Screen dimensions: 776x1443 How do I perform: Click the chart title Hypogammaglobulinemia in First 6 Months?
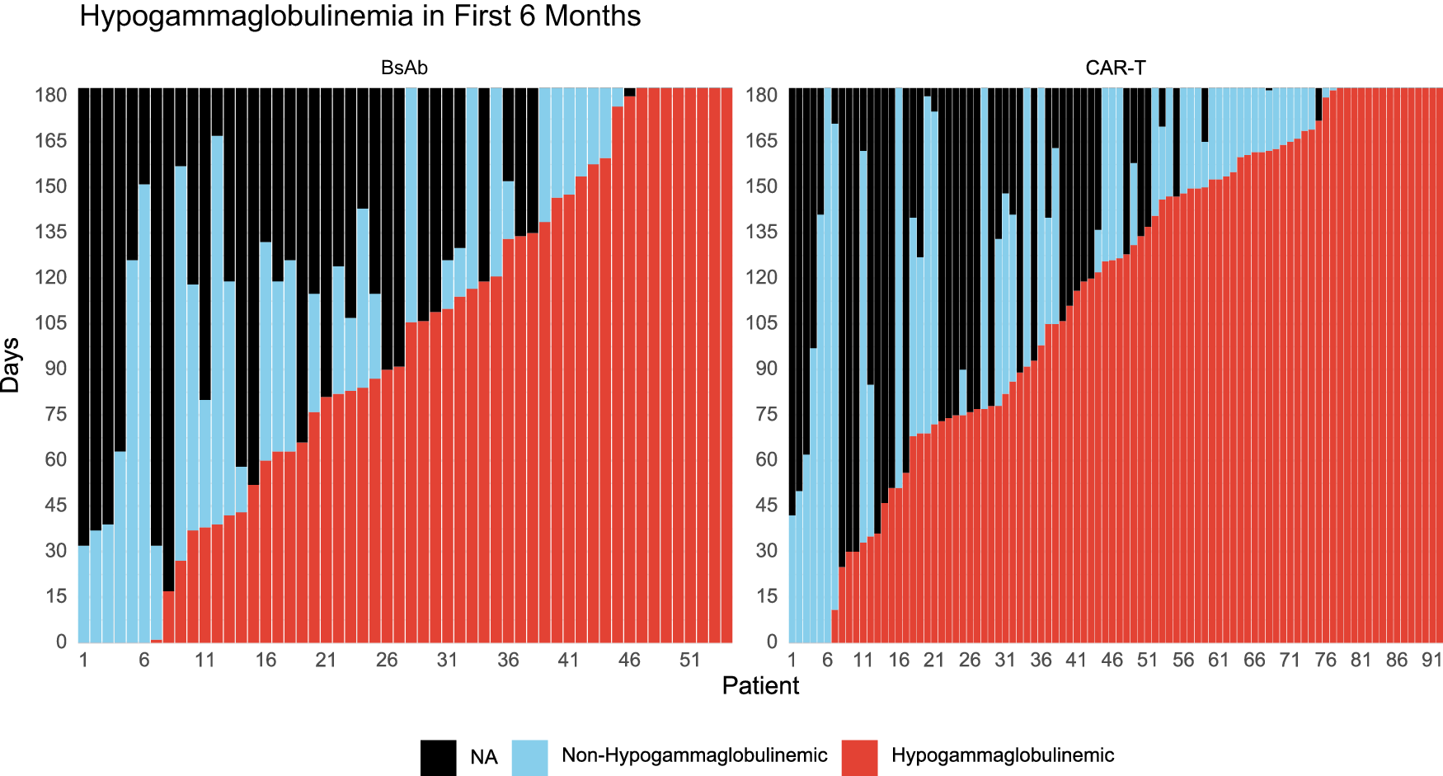coord(360,16)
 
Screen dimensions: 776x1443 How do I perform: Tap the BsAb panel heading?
coord(404,68)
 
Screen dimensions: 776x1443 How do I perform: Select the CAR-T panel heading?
coord(1115,68)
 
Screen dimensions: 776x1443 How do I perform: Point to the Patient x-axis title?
coord(759,686)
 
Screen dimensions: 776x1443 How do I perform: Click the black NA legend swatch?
coord(438,757)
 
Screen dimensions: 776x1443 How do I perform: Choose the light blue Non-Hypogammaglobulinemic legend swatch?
coord(529,757)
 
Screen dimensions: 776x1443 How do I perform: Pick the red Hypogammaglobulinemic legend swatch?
coord(859,757)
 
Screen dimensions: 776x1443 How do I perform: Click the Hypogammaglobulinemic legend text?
coord(1002,755)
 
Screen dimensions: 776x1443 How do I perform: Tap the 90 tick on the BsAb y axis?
coord(55,369)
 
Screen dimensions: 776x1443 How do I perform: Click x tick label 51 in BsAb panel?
coord(689,660)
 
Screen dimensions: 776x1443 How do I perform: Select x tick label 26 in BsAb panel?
coord(387,660)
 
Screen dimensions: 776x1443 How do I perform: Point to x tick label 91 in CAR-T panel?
coord(1432,660)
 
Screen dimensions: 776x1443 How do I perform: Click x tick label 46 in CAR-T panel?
coord(1112,660)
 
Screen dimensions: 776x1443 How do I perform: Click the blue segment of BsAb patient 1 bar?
coord(83,594)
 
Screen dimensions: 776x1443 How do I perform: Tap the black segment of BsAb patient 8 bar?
coord(168,330)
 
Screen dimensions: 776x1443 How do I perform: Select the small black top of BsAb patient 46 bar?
coord(629,92)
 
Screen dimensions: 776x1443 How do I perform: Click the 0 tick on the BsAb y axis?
coord(61,642)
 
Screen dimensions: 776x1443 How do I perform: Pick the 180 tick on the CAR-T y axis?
coord(761,95)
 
